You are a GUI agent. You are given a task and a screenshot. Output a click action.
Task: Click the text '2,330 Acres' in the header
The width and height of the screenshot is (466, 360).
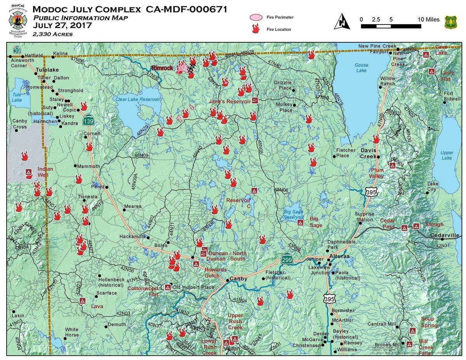[x=52, y=34]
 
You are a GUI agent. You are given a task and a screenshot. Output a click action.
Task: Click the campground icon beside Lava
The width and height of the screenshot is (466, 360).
[x=82, y=301]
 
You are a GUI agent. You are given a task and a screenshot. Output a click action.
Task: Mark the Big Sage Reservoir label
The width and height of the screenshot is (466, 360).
[x=298, y=215]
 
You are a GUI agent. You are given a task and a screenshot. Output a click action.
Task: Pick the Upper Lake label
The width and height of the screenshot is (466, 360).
[x=447, y=155]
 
